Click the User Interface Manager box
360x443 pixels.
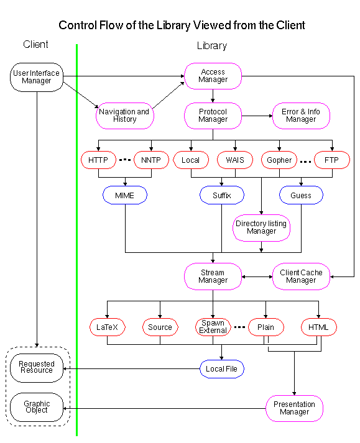(36, 76)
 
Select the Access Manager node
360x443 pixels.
(213, 76)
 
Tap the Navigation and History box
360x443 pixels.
(124, 116)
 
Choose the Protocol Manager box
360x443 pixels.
(213, 116)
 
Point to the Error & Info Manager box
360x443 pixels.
(301, 116)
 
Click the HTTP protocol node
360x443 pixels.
(98, 160)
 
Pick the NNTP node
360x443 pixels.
(151, 160)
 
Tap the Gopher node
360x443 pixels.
(279, 160)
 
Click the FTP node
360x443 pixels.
(332, 160)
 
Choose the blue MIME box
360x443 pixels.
(124, 195)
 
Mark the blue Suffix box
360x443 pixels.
(222, 195)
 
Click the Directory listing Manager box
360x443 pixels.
(261, 227)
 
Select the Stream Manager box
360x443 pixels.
(213, 276)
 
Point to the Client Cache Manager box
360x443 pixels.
(301, 276)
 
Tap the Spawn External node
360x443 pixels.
(213, 327)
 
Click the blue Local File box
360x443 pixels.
(222, 369)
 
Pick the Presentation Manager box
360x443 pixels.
(294, 408)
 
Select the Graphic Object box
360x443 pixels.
(37, 408)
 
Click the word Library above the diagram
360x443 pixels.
(212, 45)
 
